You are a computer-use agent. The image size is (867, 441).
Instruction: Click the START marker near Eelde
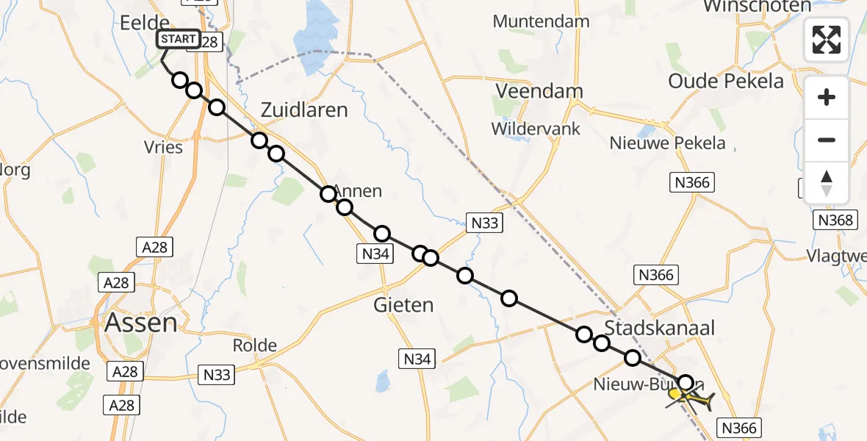(x=178, y=39)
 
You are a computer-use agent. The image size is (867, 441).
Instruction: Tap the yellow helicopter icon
(x=691, y=399)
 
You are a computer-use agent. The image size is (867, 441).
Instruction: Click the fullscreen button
(x=827, y=39)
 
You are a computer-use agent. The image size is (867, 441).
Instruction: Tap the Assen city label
(x=140, y=322)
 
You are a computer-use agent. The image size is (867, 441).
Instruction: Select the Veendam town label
(x=539, y=91)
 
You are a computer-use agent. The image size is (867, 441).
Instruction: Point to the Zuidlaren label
(x=304, y=110)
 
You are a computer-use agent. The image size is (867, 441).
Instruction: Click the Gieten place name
(x=403, y=304)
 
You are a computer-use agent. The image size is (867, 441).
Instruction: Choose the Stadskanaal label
(x=659, y=328)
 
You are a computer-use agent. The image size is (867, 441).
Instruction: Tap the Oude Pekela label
(x=726, y=81)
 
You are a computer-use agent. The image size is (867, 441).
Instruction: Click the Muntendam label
(x=541, y=21)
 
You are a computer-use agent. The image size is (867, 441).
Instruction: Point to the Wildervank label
(x=536, y=129)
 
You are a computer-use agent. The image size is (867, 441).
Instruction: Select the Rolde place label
(x=254, y=345)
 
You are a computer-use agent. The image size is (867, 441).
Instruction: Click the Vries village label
(x=164, y=147)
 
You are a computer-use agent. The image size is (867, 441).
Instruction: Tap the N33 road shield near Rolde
(x=216, y=376)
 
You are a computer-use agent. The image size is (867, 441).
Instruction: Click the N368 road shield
(x=836, y=220)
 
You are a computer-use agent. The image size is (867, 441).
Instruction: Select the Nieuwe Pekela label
(x=667, y=143)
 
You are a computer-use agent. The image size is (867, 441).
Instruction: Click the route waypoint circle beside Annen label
(x=328, y=194)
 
